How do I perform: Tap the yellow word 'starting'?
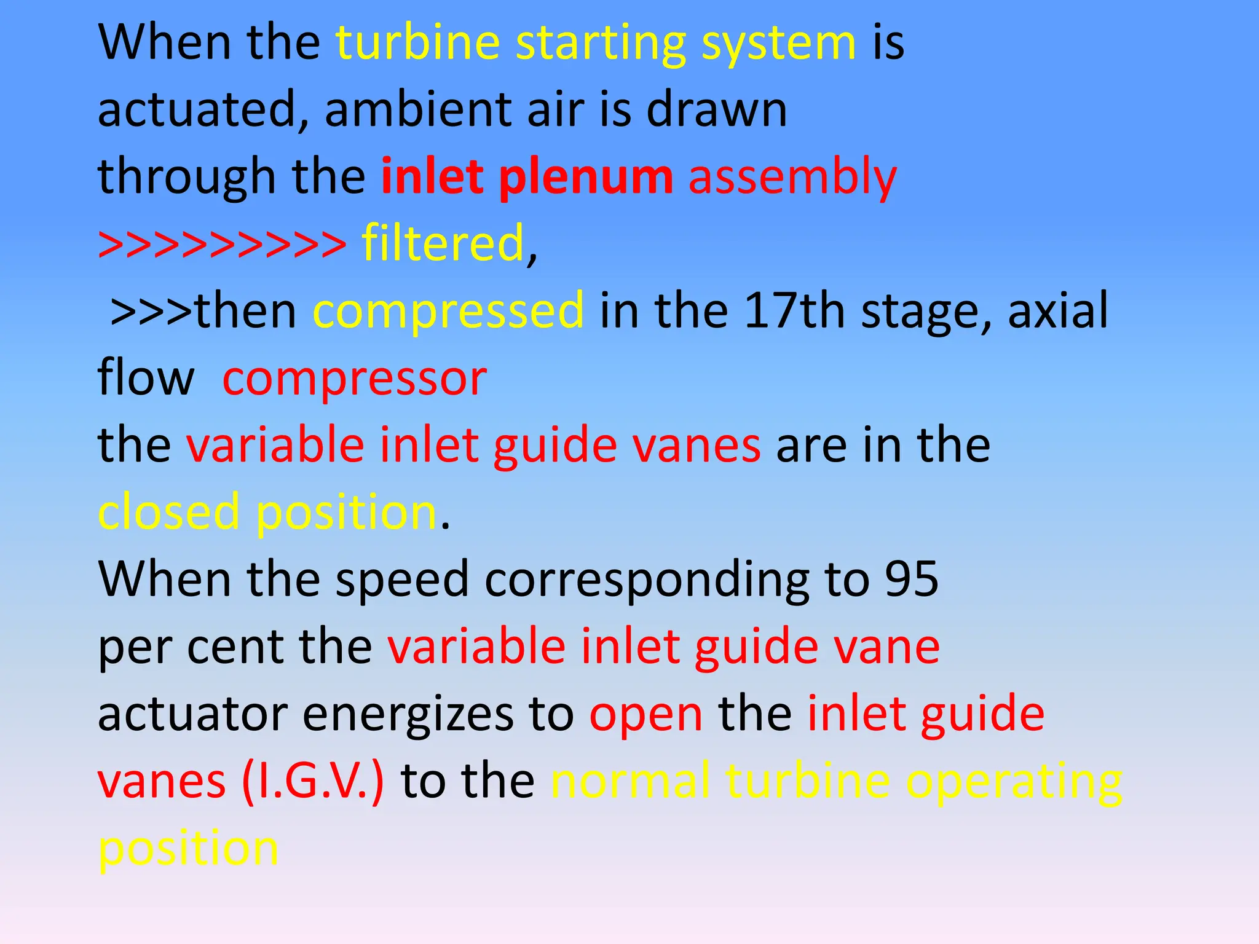pos(600,44)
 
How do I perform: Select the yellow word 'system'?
pos(778,44)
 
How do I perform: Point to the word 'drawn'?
pos(717,109)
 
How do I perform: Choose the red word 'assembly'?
pos(792,178)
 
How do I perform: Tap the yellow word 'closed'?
pos(168,511)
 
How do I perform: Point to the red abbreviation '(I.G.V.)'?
pos(313,781)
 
